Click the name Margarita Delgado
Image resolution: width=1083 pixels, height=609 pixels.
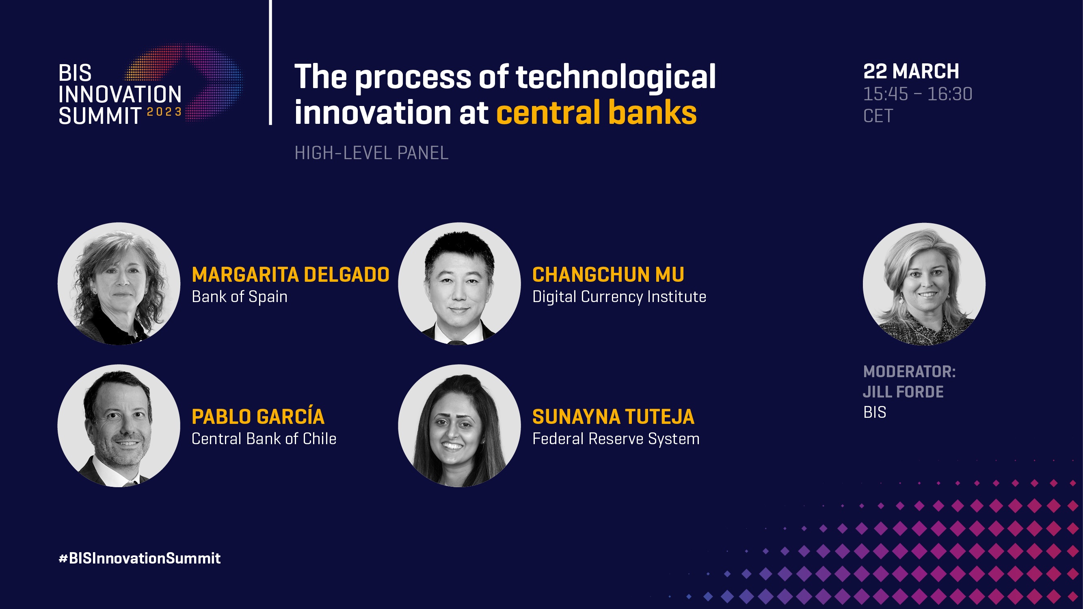(x=290, y=275)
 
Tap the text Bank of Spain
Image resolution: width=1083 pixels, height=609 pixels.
(x=240, y=297)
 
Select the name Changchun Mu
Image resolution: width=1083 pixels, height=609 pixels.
(x=608, y=275)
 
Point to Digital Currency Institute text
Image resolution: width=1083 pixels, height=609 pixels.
(x=619, y=297)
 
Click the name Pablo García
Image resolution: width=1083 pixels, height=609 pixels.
(x=258, y=416)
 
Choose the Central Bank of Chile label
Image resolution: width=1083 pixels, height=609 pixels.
(x=264, y=439)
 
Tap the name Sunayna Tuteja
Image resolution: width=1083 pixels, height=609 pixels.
(x=614, y=417)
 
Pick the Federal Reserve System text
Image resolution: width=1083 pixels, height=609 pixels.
(x=616, y=439)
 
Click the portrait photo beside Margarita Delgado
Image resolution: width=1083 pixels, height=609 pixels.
(x=119, y=284)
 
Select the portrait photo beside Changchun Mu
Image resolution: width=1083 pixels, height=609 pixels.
(x=460, y=284)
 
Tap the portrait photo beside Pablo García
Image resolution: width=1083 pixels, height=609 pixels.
(x=119, y=426)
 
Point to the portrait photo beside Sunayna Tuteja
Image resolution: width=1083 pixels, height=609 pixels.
(x=460, y=426)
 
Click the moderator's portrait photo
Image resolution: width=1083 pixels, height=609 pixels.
(x=924, y=284)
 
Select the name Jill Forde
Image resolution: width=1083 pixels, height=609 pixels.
(x=903, y=392)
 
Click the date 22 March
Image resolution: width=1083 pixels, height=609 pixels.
(x=911, y=71)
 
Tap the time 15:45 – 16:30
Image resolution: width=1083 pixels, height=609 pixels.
(x=918, y=94)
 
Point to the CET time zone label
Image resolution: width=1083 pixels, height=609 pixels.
(x=878, y=116)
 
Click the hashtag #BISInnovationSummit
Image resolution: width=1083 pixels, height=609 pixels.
(x=140, y=558)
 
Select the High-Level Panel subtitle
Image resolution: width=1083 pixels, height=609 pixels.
(x=372, y=153)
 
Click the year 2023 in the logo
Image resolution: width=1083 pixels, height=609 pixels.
(x=164, y=112)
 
